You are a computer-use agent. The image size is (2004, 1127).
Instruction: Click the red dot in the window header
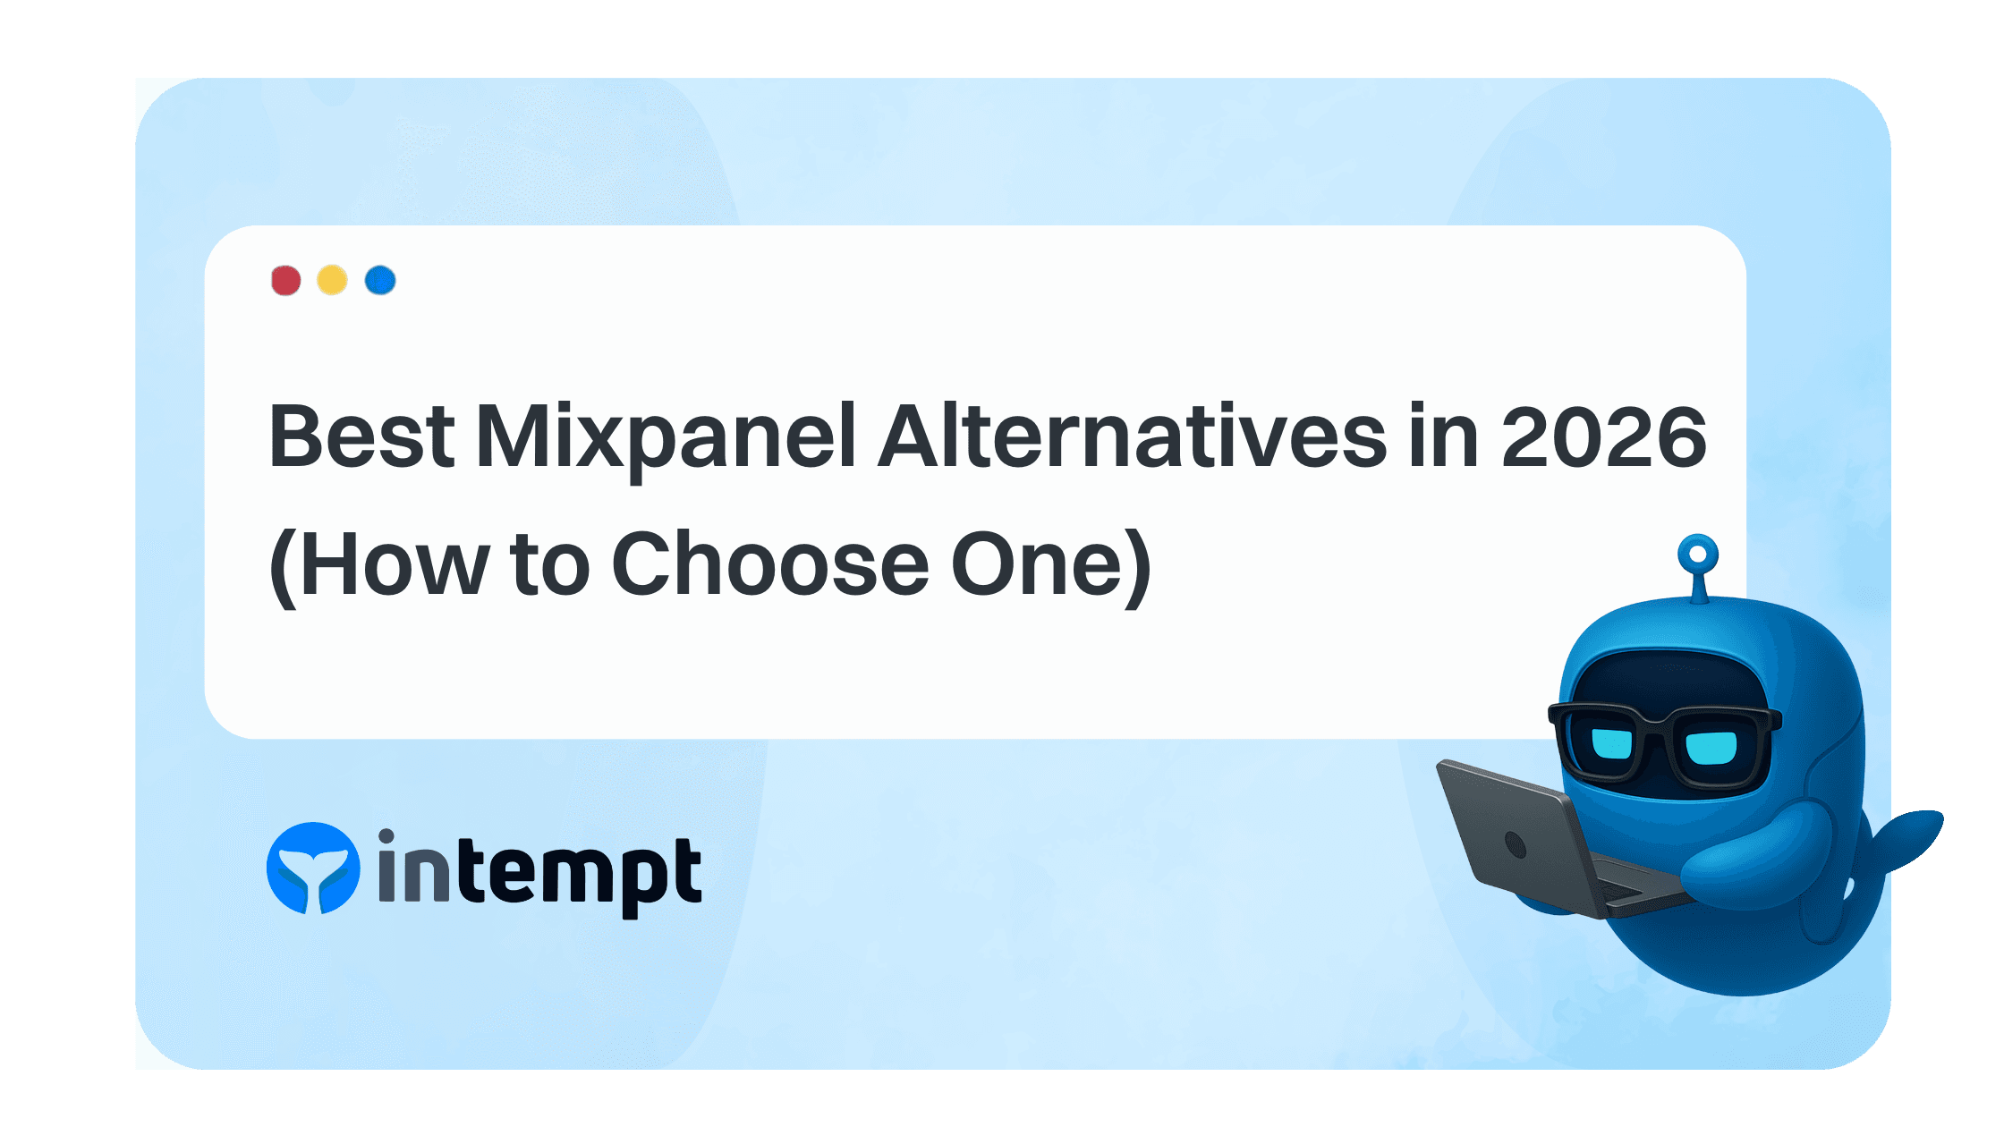pyautogui.click(x=285, y=280)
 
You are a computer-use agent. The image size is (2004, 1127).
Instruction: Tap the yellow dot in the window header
pyautogui.click(x=332, y=280)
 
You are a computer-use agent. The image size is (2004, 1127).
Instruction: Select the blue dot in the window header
pyautogui.click(x=380, y=280)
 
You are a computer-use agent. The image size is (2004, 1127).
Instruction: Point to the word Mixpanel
pyautogui.click(x=666, y=438)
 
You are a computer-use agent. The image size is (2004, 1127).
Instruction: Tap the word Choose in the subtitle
pyautogui.click(x=770, y=564)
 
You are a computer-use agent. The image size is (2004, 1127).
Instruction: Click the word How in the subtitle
pyautogui.click(x=395, y=564)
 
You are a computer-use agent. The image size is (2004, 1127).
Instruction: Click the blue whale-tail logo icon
pyautogui.click(x=313, y=869)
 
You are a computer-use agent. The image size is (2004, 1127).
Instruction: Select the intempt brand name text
pyautogui.click(x=539, y=872)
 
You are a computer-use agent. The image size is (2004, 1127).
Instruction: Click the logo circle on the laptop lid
pyautogui.click(x=1516, y=843)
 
